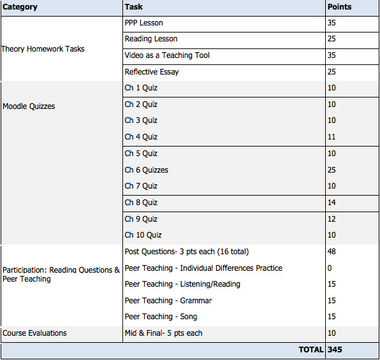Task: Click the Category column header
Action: [20, 8]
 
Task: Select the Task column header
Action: [134, 8]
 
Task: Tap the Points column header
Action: [339, 8]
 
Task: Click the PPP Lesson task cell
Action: [143, 24]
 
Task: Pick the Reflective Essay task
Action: [152, 72]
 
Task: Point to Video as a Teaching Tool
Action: [167, 55]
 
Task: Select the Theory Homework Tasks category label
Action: [43, 49]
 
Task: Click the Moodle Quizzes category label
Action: [29, 106]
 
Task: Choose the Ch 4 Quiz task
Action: [141, 137]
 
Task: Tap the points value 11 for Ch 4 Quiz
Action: [332, 137]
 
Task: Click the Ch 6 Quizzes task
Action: [147, 170]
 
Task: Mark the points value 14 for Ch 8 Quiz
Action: [332, 203]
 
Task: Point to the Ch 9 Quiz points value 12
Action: [332, 219]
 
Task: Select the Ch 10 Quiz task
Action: [143, 235]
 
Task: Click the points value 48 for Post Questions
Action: [332, 252]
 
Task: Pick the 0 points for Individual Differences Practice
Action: [330, 268]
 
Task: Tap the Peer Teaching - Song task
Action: [161, 317]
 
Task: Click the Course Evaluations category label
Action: [34, 333]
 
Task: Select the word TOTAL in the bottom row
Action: [311, 350]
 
